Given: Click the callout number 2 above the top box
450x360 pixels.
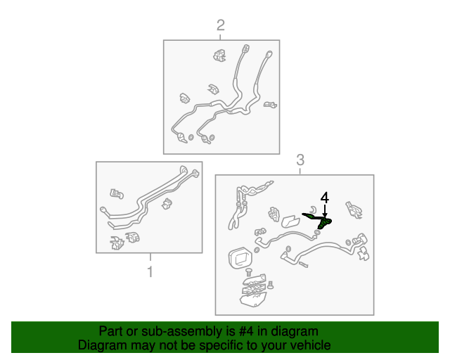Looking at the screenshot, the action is pyautogui.click(x=220, y=25).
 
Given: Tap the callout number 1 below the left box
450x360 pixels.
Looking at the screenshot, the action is pyautogui.click(x=150, y=271).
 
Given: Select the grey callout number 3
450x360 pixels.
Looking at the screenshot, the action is pyautogui.click(x=300, y=160).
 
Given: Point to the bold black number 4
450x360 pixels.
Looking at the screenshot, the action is pyautogui.click(x=325, y=198).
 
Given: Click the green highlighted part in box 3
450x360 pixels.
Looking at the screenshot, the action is pyautogui.click(x=319, y=220).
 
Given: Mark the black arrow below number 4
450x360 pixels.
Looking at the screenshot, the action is pyautogui.click(x=325, y=211).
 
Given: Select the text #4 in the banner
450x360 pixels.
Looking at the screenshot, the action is pyautogui.click(x=246, y=331).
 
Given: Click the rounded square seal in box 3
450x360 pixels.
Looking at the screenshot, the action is pyautogui.click(x=240, y=257).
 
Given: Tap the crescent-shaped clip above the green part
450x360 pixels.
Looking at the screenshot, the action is pyautogui.click(x=314, y=209).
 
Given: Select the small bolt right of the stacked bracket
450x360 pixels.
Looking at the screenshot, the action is pyautogui.click(x=270, y=285).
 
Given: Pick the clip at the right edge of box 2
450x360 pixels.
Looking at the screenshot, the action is pyautogui.click(x=270, y=105).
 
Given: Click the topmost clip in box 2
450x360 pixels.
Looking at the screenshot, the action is pyautogui.click(x=220, y=56).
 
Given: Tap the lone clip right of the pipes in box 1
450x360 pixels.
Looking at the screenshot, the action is pyautogui.click(x=167, y=203).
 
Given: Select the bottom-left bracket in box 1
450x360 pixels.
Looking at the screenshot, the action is pyautogui.click(x=117, y=243).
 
